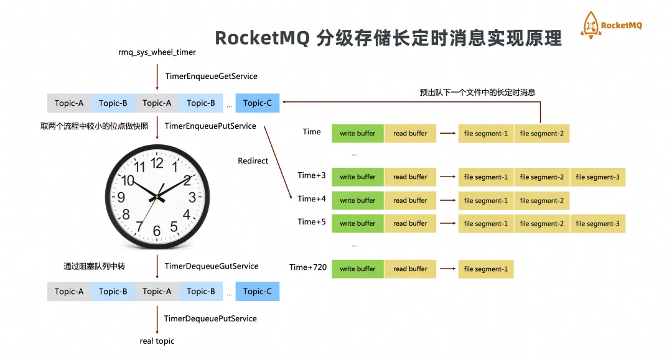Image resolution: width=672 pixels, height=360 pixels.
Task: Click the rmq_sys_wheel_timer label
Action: click(x=157, y=52)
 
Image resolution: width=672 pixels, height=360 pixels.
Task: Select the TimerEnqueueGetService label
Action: click(x=211, y=76)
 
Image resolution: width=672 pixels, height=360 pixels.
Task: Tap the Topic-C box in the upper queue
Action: click(x=258, y=103)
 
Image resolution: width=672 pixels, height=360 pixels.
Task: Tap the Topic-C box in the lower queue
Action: click(x=258, y=292)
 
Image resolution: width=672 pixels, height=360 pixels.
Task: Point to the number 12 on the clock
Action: click(x=157, y=164)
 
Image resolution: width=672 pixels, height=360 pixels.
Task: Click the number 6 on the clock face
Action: click(x=157, y=231)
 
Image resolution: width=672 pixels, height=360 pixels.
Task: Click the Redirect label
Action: click(x=253, y=161)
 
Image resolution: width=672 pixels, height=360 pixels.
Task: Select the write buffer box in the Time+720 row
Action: click(x=357, y=269)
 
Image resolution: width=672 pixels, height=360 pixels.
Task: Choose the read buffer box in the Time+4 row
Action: click(x=410, y=200)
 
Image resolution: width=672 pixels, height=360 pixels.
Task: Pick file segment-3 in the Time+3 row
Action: click(x=597, y=177)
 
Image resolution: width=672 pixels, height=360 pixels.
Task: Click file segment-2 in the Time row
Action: click(x=541, y=134)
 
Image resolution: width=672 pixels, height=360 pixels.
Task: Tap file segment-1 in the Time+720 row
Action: click(x=485, y=269)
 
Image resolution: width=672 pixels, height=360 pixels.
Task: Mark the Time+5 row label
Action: click(x=312, y=222)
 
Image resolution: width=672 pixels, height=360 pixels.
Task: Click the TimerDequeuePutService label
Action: click(x=210, y=318)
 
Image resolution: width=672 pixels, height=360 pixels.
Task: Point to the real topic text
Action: click(x=157, y=341)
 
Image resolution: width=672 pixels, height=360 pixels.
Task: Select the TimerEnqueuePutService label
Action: click(x=210, y=126)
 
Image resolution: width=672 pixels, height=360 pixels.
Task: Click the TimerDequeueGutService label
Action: click(x=211, y=266)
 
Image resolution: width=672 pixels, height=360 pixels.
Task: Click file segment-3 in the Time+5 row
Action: click(x=597, y=224)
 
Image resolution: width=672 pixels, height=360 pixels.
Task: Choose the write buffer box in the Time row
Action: click(x=357, y=134)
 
